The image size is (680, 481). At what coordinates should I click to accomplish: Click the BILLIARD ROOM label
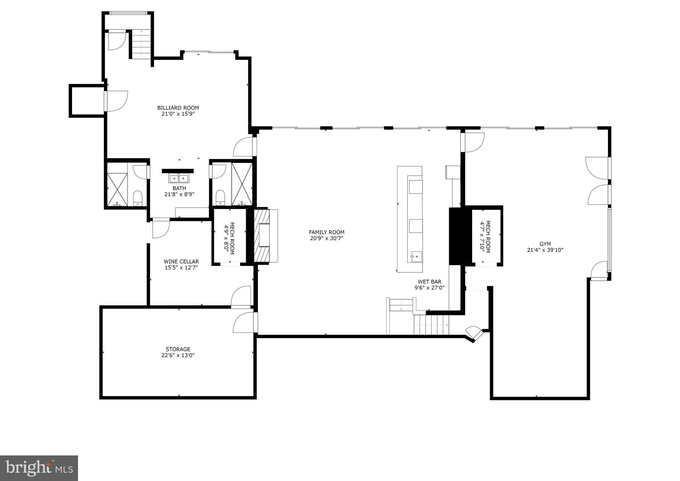click(178, 108)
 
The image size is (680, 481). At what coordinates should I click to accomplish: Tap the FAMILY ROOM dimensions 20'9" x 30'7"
click(326, 238)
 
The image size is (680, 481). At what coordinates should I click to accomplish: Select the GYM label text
click(545, 244)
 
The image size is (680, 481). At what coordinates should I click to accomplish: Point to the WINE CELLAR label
click(181, 261)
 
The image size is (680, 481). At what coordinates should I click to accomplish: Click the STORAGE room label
click(178, 349)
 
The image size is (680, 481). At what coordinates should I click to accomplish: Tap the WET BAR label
click(429, 282)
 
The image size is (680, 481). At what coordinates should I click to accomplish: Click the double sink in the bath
click(179, 178)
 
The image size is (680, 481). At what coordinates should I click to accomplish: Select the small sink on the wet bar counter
click(416, 256)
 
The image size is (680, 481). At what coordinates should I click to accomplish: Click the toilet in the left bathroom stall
click(137, 198)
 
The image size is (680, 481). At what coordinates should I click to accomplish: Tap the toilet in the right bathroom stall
click(220, 197)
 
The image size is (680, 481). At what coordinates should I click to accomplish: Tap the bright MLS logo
click(39, 468)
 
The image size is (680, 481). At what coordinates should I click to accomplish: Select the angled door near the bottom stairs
click(474, 333)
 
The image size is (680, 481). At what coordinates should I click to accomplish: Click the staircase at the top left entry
click(141, 44)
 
